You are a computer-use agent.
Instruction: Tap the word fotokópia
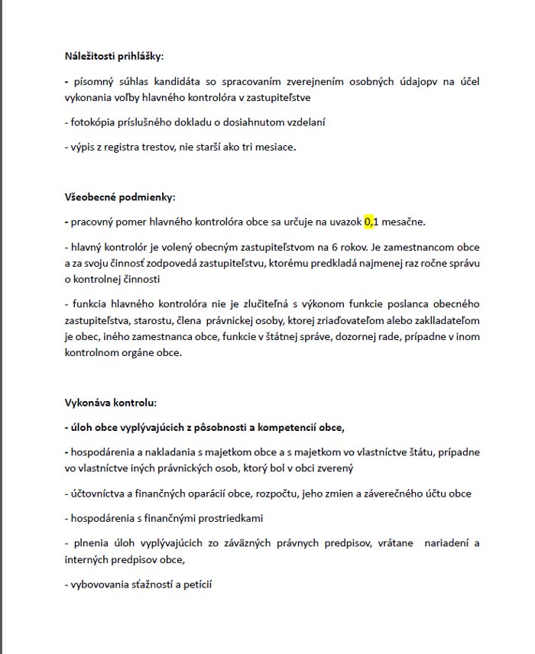point(92,122)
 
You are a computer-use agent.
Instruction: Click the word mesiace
point(272,147)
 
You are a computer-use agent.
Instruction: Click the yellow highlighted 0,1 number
point(371,222)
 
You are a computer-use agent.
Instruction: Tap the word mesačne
point(403,222)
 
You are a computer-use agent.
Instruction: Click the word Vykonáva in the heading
point(89,403)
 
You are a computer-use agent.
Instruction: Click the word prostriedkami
point(229,518)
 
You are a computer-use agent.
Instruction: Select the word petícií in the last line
point(196,584)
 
